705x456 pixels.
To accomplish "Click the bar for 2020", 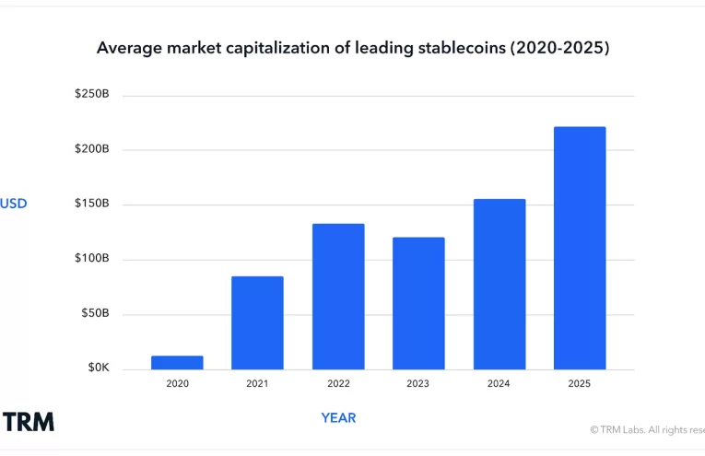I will point(177,363).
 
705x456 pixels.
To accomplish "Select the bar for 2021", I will point(257,322).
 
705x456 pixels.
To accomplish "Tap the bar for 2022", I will point(338,297).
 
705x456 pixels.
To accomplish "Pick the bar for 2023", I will point(418,303).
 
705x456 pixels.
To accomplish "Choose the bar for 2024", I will point(499,284).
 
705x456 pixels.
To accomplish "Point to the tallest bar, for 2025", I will point(580,248).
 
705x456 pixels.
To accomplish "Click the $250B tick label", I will point(92,95).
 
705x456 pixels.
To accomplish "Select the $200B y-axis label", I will point(92,149).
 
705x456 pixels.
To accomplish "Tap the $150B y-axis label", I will point(92,204).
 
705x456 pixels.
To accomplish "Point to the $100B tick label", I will point(92,259).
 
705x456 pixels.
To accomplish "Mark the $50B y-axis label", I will point(94,313).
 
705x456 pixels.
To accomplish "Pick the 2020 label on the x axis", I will point(177,383).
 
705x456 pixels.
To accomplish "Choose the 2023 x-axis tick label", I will point(418,383).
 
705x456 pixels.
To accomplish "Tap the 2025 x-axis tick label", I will point(580,383).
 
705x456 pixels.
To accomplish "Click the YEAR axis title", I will point(338,418).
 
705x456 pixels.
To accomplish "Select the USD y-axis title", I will point(14,204).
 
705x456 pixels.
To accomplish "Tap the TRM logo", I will point(28,422).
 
